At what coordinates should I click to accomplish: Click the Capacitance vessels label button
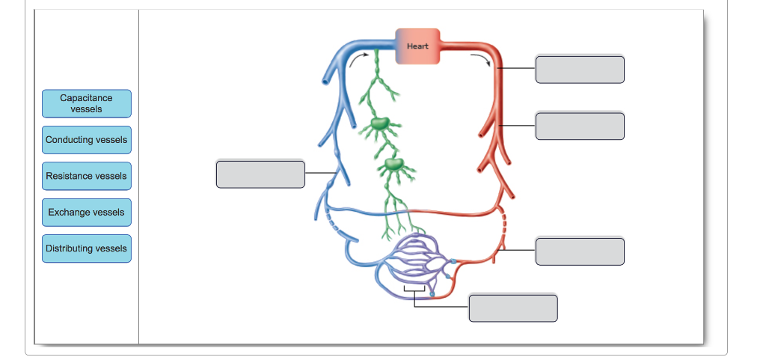pyautogui.click(x=86, y=103)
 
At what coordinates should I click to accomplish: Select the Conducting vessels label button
pyautogui.click(x=86, y=140)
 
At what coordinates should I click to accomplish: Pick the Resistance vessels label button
pyautogui.click(x=86, y=176)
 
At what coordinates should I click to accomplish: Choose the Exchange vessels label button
pyautogui.click(x=86, y=213)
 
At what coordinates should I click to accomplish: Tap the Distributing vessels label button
pyautogui.click(x=86, y=248)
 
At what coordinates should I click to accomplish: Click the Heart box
pyautogui.click(x=417, y=46)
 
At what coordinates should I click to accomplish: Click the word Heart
pyautogui.click(x=417, y=46)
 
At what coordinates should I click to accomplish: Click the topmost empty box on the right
pyautogui.click(x=580, y=69)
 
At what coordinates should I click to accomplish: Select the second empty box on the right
pyautogui.click(x=580, y=126)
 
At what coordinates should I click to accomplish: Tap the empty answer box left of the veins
pyautogui.click(x=260, y=174)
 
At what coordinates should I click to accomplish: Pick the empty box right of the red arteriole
pyautogui.click(x=580, y=251)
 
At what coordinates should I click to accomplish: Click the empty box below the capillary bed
pyautogui.click(x=513, y=308)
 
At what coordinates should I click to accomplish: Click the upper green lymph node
pyautogui.click(x=379, y=123)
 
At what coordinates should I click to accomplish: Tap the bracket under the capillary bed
pyautogui.click(x=414, y=288)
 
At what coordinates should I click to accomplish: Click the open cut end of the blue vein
pyautogui.click(x=325, y=78)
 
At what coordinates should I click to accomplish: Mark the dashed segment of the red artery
pyautogui.click(x=506, y=225)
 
